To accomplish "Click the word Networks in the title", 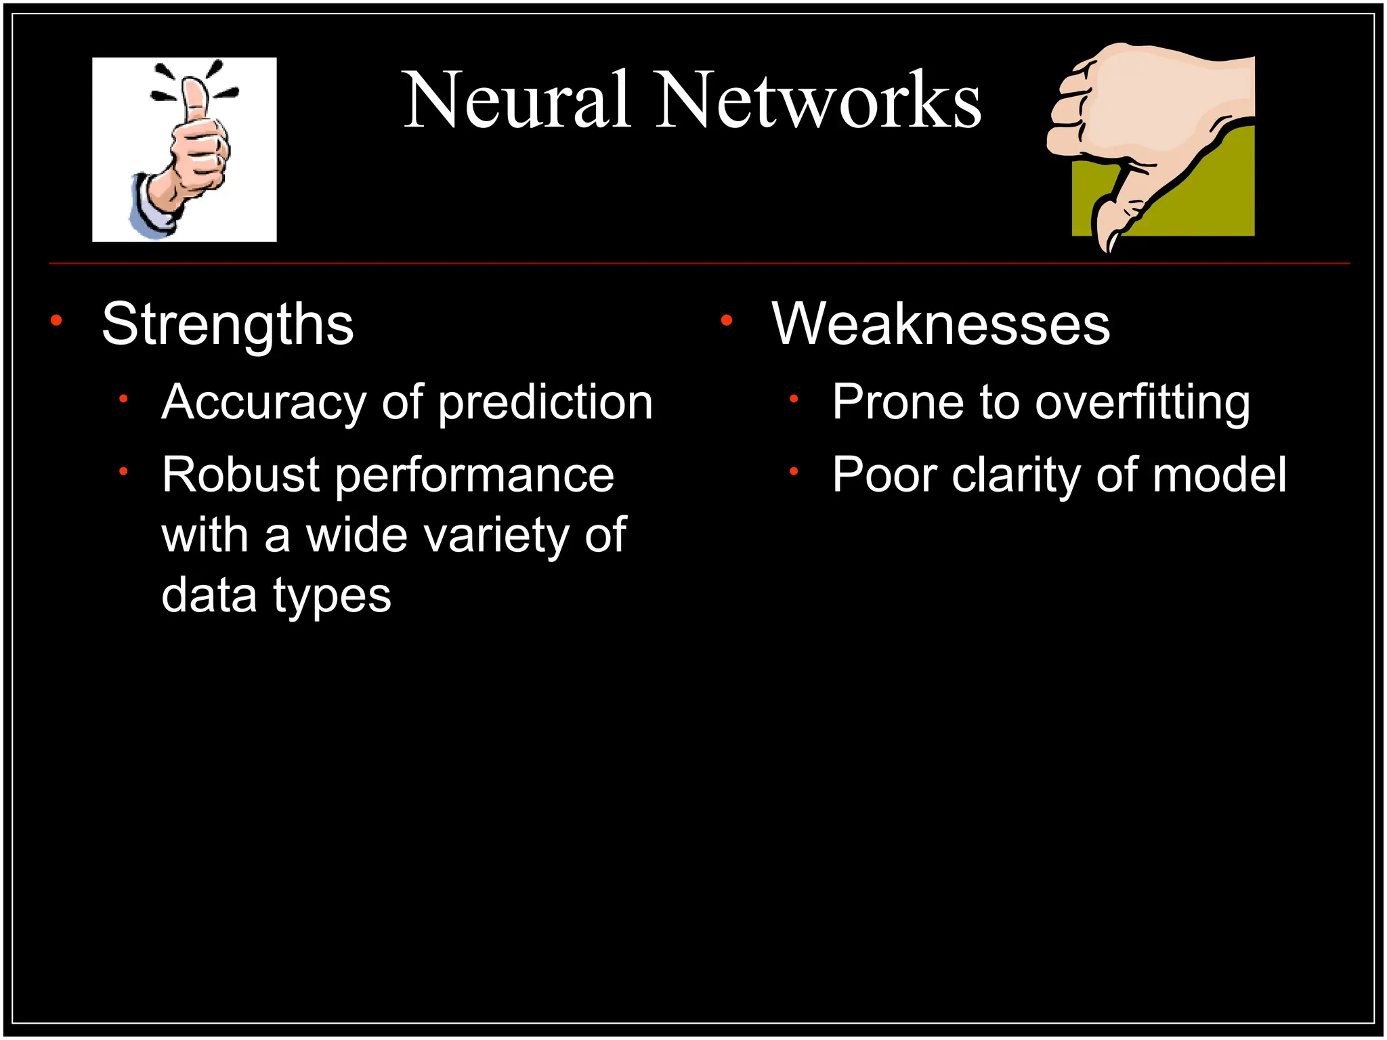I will tap(819, 100).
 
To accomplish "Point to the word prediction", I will tap(545, 402).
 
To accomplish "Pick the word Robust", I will tap(240, 475).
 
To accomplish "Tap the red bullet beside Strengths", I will tap(57, 320).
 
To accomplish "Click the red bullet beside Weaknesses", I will tap(727, 320).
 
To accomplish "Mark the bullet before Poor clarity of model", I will tap(794, 471).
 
